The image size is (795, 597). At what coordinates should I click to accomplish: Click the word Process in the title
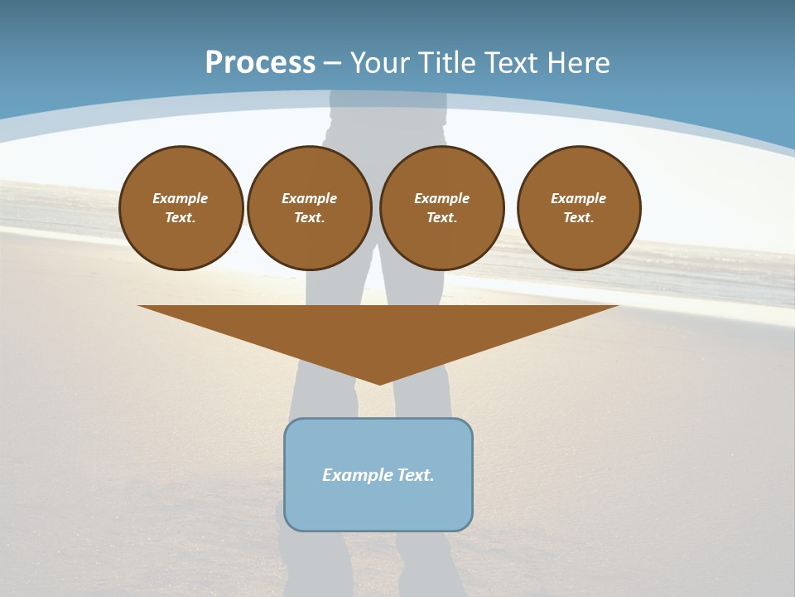click(260, 63)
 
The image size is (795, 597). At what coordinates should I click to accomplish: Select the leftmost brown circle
click(181, 208)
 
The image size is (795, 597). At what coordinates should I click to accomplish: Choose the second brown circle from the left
click(310, 208)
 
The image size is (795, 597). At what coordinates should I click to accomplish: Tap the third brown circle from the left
click(442, 208)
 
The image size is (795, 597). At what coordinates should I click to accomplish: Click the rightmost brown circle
click(579, 208)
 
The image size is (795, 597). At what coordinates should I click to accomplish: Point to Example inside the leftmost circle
click(181, 198)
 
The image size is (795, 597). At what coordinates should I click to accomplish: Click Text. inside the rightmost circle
click(579, 218)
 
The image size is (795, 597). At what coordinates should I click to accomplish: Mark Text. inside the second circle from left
click(310, 218)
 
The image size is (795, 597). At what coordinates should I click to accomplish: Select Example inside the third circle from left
click(442, 198)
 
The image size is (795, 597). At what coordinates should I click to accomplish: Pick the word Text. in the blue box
click(414, 475)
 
